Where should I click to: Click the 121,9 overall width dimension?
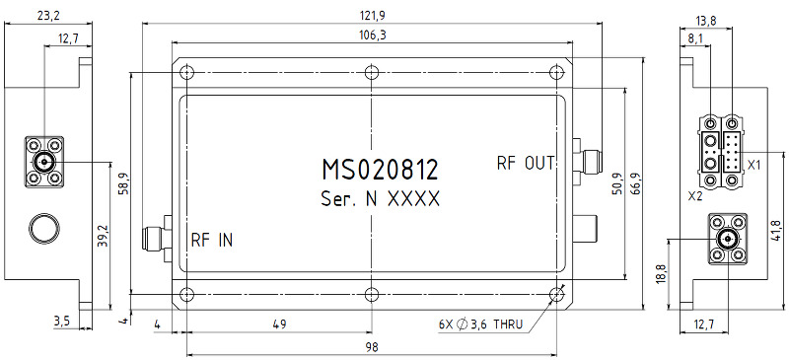(373, 16)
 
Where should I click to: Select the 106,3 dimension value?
(373, 36)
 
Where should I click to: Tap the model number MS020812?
(380, 171)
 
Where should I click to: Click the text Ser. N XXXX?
(380, 199)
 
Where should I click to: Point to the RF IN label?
(212, 241)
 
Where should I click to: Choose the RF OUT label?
(526, 163)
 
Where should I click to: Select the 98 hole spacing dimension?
(372, 347)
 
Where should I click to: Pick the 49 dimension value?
(279, 324)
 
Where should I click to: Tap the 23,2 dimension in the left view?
(48, 16)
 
